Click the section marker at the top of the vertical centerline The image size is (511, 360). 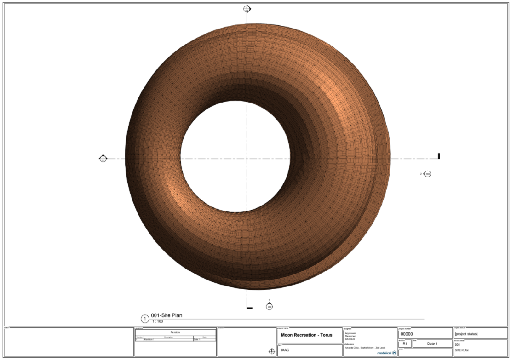pos(247,9)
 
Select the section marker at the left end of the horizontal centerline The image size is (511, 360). pos(103,159)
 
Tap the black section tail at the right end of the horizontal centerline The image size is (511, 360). pos(439,156)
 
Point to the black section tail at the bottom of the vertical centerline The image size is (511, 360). pos(249,308)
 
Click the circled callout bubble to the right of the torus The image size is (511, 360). pos(428,174)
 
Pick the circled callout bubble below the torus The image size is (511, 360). pos(269,306)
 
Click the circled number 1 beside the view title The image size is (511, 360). pos(145,319)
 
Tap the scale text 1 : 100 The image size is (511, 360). pos(157,321)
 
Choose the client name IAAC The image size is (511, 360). pos(285,350)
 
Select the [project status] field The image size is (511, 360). pos(466,334)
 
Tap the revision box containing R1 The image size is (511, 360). pos(405,344)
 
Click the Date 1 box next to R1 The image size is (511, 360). pos(432,344)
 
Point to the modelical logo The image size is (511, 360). pos(386,353)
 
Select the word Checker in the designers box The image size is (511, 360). pos(350,339)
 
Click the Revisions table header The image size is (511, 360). pos(175,332)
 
